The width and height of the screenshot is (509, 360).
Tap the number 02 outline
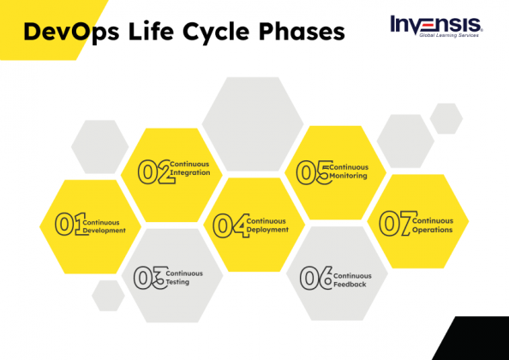(153, 172)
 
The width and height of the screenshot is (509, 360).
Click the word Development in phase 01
(105, 231)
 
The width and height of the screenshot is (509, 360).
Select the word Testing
(178, 282)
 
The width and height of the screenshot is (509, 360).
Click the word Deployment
(268, 230)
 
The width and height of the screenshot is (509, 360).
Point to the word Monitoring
(349, 176)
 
